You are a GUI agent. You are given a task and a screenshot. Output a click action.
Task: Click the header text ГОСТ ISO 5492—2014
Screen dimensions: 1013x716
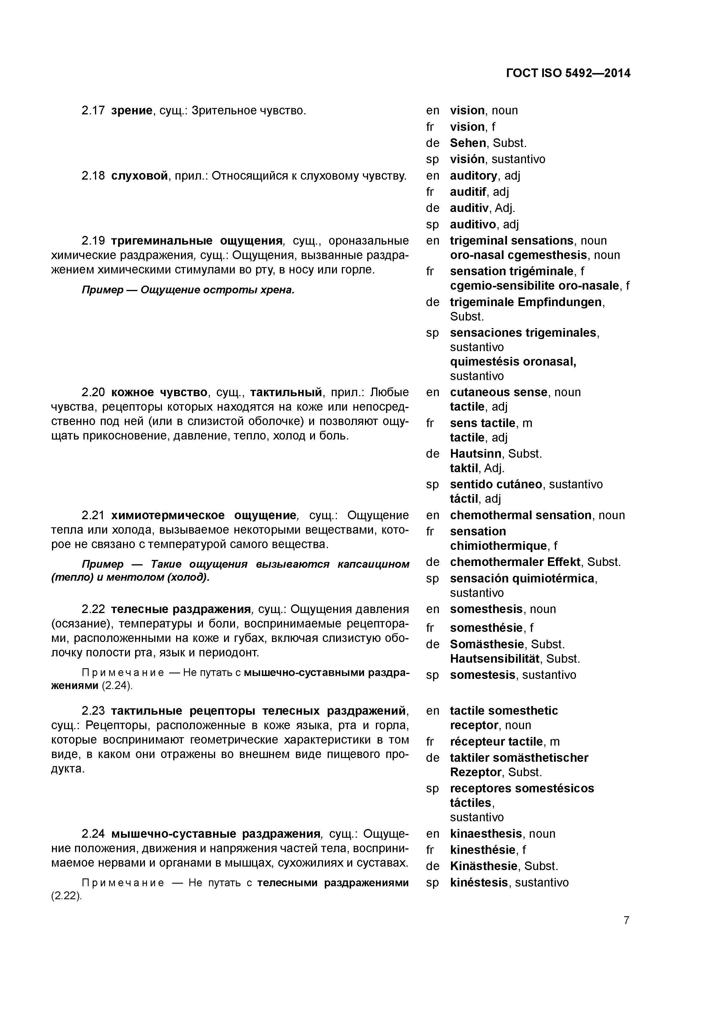(x=568, y=73)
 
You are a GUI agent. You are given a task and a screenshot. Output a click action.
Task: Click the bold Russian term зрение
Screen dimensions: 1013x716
(x=131, y=110)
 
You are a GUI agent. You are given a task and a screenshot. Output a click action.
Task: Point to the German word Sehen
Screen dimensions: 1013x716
(x=468, y=143)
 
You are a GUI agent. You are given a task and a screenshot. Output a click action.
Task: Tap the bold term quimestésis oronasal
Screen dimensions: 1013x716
(x=513, y=362)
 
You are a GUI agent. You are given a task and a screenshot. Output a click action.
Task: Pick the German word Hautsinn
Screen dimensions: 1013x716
(x=476, y=454)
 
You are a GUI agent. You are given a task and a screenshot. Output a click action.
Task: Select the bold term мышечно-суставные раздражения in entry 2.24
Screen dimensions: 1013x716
(x=215, y=834)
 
